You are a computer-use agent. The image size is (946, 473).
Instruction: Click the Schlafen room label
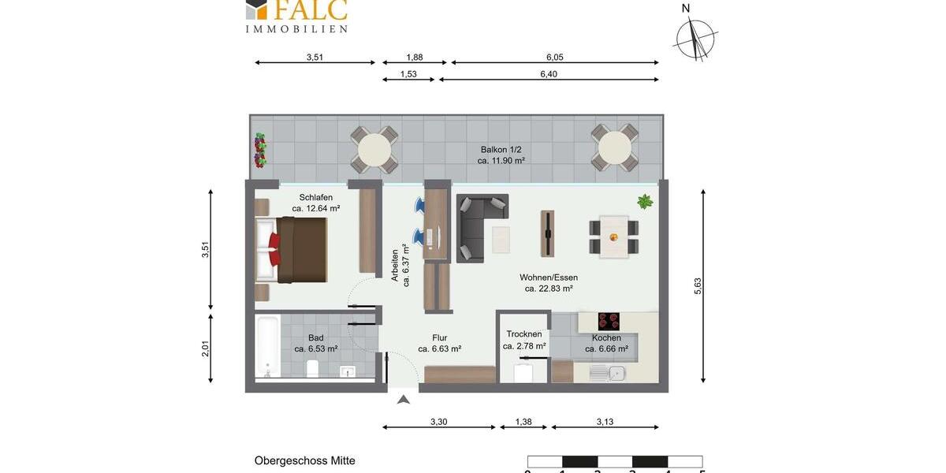[315, 197]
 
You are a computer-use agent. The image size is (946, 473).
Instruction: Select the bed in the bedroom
[292, 249]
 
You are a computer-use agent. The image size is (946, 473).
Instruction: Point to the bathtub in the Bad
[268, 347]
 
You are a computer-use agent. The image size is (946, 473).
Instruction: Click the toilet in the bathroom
[312, 369]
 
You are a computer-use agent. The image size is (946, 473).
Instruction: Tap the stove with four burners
[609, 321]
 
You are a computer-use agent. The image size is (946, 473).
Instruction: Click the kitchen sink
[607, 373]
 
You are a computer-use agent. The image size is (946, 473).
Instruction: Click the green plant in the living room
[645, 201]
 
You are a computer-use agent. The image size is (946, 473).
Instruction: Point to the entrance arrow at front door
[404, 400]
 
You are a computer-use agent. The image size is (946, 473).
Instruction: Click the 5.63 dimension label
[697, 286]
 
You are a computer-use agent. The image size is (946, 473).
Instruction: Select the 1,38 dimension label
[523, 422]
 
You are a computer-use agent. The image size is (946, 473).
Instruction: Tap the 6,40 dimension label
[549, 74]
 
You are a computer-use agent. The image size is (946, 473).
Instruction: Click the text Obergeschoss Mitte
[304, 460]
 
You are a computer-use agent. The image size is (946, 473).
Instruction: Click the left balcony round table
[374, 149]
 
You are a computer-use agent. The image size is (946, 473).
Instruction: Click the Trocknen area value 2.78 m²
[524, 346]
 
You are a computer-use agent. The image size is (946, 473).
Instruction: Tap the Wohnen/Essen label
[549, 277]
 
